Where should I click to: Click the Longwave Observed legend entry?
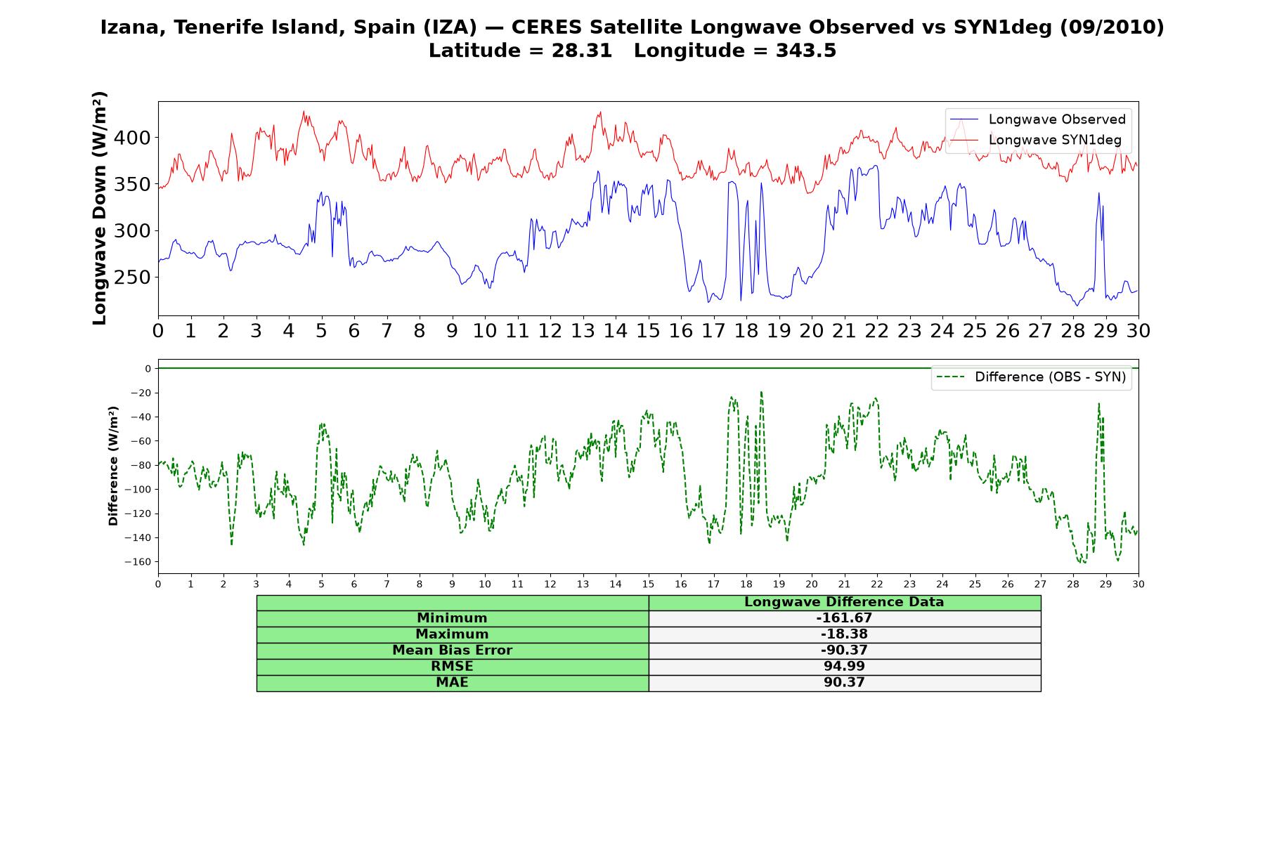pyautogui.click(x=1037, y=119)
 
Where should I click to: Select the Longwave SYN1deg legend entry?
pyautogui.click(x=1036, y=140)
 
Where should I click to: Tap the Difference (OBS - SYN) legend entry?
pyautogui.click(x=1031, y=377)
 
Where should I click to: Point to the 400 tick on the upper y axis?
pyautogui.click(x=131, y=138)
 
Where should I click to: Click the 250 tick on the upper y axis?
pyautogui.click(x=131, y=277)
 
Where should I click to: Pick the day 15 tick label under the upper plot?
pyautogui.click(x=648, y=331)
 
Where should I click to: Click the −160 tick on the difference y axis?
pyautogui.click(x=138, y=562)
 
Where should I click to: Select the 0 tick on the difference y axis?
pyautogui.click(x=148, y=369)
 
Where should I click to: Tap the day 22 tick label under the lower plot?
pyautogui.click(x=876, y=584)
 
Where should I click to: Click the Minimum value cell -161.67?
pyautogui.click(x=844, y=618)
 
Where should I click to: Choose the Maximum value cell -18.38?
pyautogui.click(x=844, y=634)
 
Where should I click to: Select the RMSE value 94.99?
pyautogui.click(x=844, y=667)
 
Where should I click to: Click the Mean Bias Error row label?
pyautogui.click(x=452, y=651)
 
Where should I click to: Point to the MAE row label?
pyautogui.click(x=452, y=683)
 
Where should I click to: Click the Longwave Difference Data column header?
pyautogui.click(x=844, y=602)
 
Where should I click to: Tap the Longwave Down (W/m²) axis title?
pyautogui.click(x=100, y=208)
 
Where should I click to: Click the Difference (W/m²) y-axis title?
pyautogui.click(x=113, y=466)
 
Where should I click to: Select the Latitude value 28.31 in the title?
pyautogui.click(x=582, y=51)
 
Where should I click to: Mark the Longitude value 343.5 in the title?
pyautogui.click(x=806, y=51)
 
